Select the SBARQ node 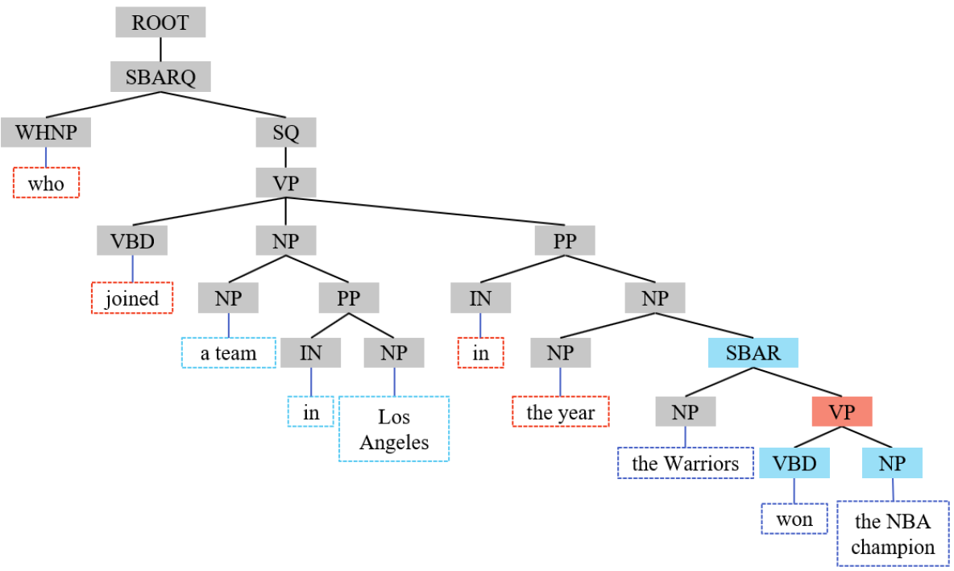[160, 77]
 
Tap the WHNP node [45, 131]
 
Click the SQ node [286, 131]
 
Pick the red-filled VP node [841, 411]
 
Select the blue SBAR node [753, 353]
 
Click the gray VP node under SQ [286, 181]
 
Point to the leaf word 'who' [46, 183]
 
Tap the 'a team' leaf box [229, 352]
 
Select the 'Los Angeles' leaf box [394, 429]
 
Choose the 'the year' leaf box [561, 412]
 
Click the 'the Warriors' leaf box [685, 463]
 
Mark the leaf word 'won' [794, 518]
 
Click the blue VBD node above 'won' [794, 463]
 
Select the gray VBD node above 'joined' [132, 241]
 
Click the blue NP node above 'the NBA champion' [893, 463]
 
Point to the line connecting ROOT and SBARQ [160, 49]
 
